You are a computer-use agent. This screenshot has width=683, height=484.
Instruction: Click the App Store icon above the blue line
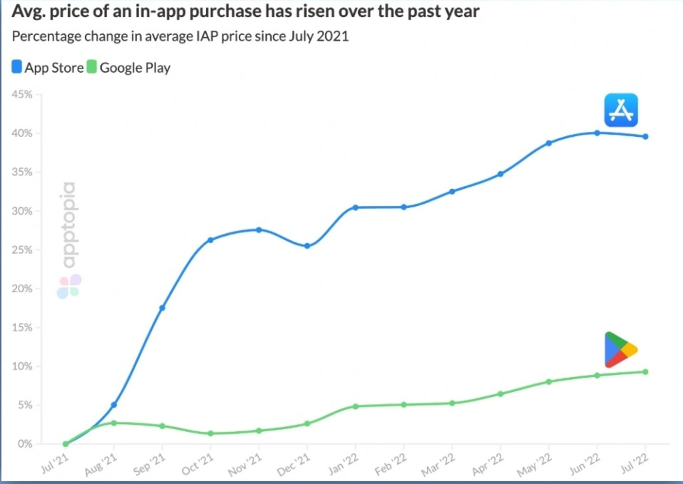[x=621, y=110]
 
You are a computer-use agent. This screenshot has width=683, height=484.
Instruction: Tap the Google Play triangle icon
[x=620, y=350]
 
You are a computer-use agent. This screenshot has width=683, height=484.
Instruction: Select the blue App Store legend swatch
[x=17, y=67]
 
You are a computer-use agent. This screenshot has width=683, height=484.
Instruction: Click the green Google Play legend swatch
[x=92, y=67]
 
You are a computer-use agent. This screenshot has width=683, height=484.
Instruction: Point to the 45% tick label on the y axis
[x=22, y=95]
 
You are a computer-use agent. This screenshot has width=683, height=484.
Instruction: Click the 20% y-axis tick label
[x=22, y=288]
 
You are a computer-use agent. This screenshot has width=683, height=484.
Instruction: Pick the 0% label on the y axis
[x=25, y=444]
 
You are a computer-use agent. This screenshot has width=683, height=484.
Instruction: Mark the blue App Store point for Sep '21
[x=162, y=308]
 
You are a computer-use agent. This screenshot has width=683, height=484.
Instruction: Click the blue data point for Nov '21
[x=259, y=230]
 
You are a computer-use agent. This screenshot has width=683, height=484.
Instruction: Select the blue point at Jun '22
[x=597, y=133]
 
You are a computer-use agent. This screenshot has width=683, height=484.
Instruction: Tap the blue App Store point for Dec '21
[x=307, y=246]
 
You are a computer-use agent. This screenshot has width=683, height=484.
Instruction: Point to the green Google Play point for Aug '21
[x=114, y=423]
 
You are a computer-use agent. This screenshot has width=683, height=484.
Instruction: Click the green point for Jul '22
[x=646, y=372]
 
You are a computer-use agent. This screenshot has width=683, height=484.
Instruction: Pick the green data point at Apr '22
[x=501, y=394]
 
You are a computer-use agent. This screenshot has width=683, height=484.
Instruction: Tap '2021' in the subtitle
[x=333, y=36]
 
